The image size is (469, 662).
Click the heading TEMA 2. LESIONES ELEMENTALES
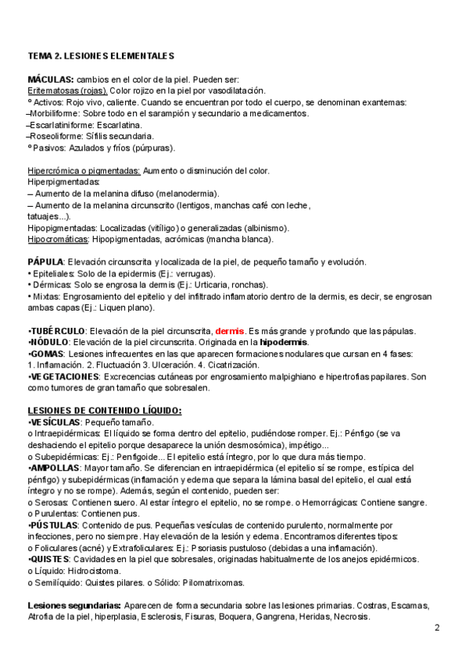click(101, 56)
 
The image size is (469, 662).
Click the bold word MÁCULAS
click(50, 80)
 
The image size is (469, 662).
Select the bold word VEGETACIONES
click(64, 376)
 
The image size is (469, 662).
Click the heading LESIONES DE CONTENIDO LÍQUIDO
click(105, 411)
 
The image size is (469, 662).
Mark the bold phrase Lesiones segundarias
click(73, 605)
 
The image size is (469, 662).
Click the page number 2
click(437, 628)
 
